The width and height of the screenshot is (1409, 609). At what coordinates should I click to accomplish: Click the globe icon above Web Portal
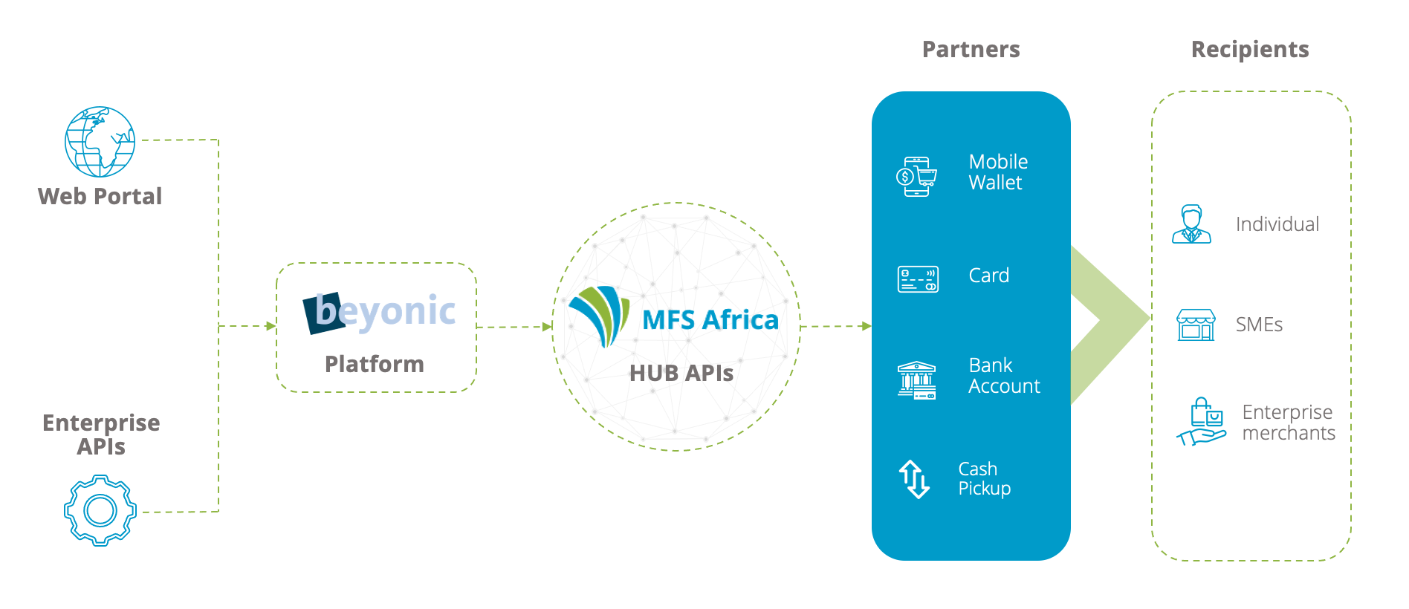click(x=100, y=142)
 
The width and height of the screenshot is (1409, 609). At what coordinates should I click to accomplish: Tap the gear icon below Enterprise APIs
click(x=100, y=510)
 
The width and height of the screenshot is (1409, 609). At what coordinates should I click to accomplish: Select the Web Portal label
click(x=100, y=196)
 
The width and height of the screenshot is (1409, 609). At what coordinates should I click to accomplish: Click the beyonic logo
click(x=379, y=313)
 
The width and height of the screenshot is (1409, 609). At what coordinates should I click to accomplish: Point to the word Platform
click(x=375, y=364)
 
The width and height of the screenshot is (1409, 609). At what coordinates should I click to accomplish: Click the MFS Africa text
click(x=710, y=319)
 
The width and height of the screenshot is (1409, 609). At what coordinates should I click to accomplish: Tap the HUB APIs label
click(x=681, y=373)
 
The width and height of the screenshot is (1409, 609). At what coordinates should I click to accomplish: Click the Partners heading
click(x=971, y=49)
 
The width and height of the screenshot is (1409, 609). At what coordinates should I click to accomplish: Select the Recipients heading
click(x=1250, y=49)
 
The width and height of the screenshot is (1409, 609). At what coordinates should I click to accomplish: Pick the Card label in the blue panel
click(x=989, y=276)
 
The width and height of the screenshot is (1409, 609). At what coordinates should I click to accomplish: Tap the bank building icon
click(x=917, y=380)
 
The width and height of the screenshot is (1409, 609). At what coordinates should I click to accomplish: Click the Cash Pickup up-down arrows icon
click(x=915, y=479)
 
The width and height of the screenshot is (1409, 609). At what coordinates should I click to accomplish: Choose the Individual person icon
click(x=1191, y=224)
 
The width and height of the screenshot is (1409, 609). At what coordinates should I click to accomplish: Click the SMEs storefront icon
click(x=1196, y=325)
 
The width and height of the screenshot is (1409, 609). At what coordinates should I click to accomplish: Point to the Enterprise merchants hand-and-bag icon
click(x=1201, y=422)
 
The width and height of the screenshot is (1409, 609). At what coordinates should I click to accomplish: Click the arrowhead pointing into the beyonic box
click(x=271, y=326)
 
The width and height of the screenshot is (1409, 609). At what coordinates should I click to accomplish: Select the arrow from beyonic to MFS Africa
click(x=514, y=327)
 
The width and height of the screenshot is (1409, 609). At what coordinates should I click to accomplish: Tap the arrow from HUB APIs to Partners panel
click(x=836, y=326)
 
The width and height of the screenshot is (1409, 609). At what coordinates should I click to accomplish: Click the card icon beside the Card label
click(x=918, y=279)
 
